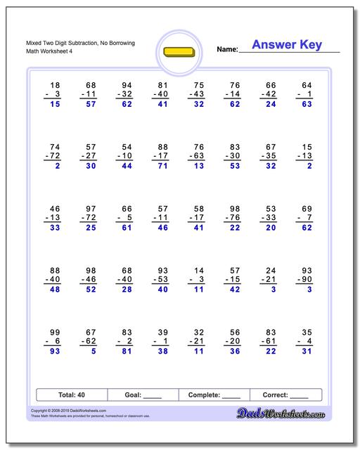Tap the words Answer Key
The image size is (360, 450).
(286, 45)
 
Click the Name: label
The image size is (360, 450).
(226, 50)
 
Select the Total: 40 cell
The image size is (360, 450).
(71, 395)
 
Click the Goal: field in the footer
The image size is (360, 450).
(143, 395)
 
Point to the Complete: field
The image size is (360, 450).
(214, 395)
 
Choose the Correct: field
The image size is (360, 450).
(285, 395)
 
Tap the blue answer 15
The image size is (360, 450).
(54, 104)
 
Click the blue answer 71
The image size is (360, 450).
(162, 166)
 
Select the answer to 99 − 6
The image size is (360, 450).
(54, 352)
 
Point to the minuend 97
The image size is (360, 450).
(91, 210)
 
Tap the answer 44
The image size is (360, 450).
(127, 166)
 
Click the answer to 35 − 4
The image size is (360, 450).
(304, 352)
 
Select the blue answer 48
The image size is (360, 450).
(54, 290)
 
